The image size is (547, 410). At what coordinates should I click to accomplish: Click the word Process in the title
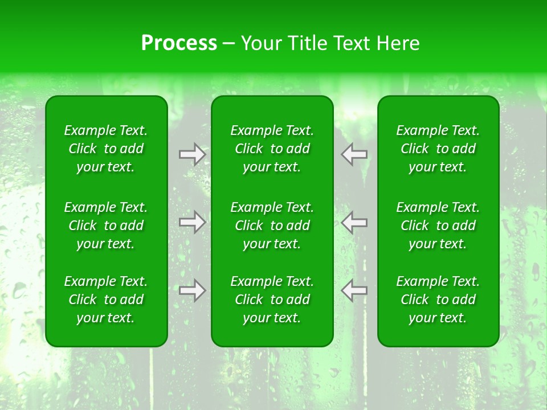[179, 43]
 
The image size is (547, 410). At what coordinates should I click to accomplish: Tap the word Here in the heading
[397, 43]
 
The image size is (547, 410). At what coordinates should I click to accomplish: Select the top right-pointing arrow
[192, 154]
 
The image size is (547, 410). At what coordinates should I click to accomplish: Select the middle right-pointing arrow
[192, 222]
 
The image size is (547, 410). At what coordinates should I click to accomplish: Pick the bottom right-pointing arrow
[192, 290]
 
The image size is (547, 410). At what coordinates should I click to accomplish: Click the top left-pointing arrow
[354, 154]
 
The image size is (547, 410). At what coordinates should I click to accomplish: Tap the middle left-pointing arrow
[354, 222]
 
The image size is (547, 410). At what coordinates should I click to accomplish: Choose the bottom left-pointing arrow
[354, 290]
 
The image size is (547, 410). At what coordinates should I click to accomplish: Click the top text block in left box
[106, 149]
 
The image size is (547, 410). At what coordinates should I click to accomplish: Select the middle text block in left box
[106, 225]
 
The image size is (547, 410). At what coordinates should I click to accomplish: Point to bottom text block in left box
[106, 300]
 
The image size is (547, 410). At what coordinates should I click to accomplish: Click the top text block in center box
[272, 149]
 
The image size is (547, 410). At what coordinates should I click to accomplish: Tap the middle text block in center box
[272, 225]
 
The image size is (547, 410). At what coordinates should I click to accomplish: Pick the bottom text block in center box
[272, 300]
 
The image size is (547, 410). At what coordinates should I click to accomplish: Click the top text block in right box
[438, 149]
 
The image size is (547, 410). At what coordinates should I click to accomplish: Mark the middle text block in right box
[438, 225]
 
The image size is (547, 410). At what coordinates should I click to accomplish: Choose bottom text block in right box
[438, 300]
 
